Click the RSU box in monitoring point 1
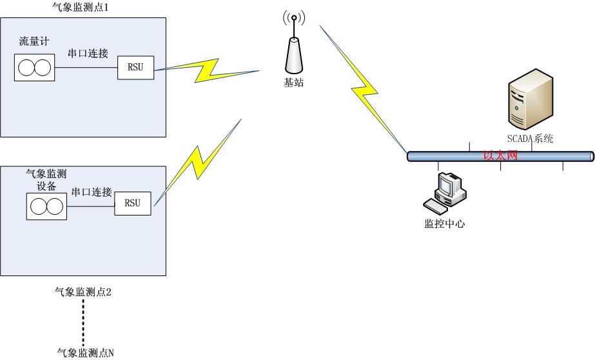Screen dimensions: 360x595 [136, 68]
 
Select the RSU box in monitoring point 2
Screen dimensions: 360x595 [133, 203]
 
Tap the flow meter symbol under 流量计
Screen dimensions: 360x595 [35, 68]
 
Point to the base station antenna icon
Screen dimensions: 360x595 [293, 45]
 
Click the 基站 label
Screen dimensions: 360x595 [294, 83]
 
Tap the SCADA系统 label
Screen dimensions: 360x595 [530, 139]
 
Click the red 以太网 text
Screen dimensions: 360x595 [500, 155]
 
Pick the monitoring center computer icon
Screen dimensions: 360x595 [444, 192]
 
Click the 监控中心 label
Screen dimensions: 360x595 [444, 224]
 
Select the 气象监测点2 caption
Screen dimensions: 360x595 [84, 292]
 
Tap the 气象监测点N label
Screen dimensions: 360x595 [85, 352]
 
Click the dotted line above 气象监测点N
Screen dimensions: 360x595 [83, 323]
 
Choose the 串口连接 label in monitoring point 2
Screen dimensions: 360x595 [92, 192]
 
